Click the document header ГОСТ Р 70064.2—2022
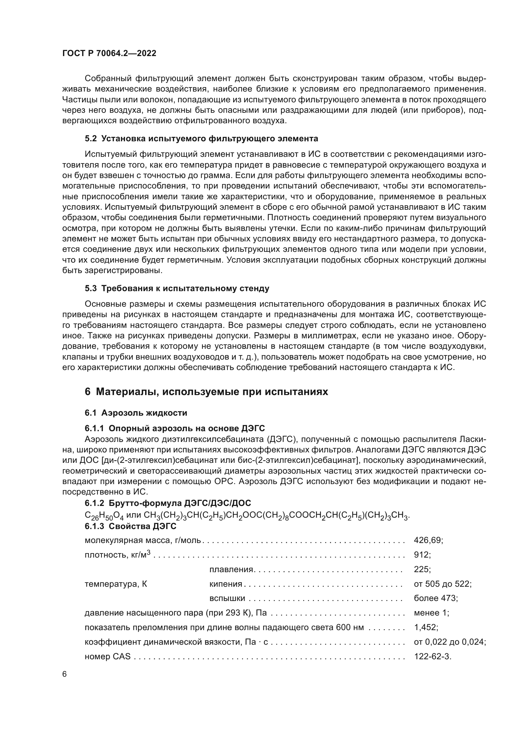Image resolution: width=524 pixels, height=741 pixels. click(x=109, y=54)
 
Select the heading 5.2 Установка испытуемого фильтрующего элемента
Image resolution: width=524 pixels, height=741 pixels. click(x=201, y=139)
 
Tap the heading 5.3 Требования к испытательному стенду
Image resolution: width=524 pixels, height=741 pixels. click(x=177, y=289)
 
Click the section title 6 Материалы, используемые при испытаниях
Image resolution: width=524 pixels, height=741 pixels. click(x=206, y=392)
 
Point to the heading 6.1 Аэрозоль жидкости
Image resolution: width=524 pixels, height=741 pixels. click(x=136, y=413)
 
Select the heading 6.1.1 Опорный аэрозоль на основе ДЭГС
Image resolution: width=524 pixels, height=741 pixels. click(x=175, y=428)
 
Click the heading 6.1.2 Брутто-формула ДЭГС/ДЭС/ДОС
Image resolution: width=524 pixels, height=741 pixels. click(x=168, y=503)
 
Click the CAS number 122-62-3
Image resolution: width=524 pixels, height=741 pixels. click(x=432, y=656)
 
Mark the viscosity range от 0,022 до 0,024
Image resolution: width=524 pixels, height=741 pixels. click(x=450, y=642)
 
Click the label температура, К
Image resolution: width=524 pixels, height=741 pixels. click(x=116, y=584)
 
